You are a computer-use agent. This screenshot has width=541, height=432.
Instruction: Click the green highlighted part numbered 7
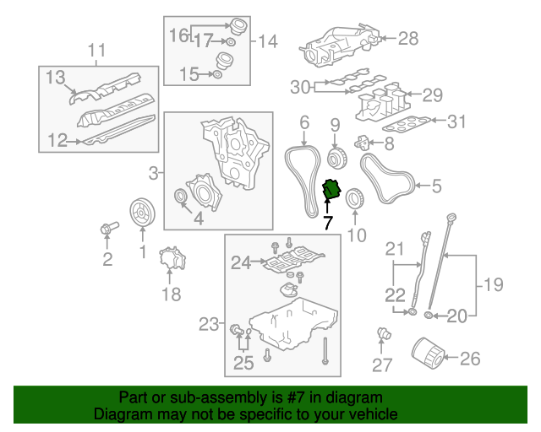[x=332, y=192]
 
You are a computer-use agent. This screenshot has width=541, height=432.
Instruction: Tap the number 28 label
[x=408, y=38]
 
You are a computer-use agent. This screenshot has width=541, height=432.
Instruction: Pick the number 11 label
[x=97, y=49]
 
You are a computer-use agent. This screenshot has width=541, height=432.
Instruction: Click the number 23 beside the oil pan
[x=208, y=323]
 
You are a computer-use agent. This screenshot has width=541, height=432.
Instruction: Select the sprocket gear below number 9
[x=335, y=159]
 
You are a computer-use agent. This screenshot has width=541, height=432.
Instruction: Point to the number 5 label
[x=436, y=185]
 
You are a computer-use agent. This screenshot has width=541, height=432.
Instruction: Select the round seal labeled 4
[x=179, y=198]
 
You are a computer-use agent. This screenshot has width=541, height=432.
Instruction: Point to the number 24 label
[x=242, y=263]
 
